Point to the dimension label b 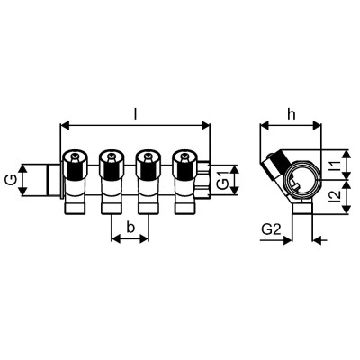point(131,229)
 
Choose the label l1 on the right point(334,166)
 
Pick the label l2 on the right point(334,197)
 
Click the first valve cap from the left point(74,166)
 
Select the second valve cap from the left point(110,166)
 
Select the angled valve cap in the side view point(272,166)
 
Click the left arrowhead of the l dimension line point(64,126)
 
